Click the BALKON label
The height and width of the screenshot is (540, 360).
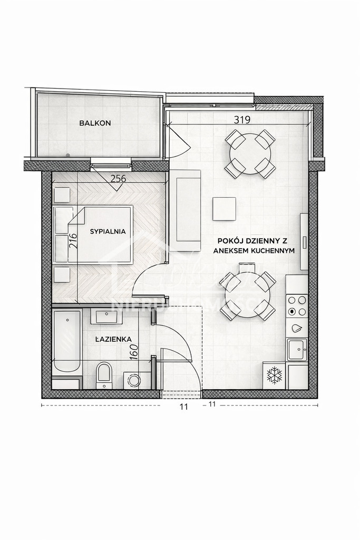[x=95, y=123]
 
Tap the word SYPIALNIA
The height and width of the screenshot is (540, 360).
[x=108, y=231]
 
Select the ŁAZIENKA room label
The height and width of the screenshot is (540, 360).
[x=113, y=340]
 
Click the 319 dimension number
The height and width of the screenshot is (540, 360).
[x=241, y=120]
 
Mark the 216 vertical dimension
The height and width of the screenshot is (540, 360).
[x=73, y=241]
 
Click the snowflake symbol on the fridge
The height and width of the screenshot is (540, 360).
[x=274, y=375]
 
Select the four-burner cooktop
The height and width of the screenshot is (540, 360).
[x=297, y=306]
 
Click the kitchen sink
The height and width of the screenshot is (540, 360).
[x=296, y=349]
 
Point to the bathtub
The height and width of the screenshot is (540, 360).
[x=67, y=343]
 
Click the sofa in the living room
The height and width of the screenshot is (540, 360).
[x=188, y=210]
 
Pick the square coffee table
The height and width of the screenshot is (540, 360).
[x=224, y=209]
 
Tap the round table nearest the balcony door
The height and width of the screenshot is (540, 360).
[x=250, y=153]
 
